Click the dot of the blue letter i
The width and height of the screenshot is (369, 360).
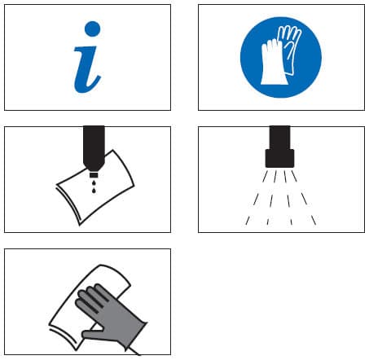[92, 29]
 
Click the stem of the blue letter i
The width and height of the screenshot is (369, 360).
[86, 70]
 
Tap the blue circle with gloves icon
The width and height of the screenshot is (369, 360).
[281, 57]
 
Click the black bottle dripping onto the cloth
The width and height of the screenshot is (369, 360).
[94, 149]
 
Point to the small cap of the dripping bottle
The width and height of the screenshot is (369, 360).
[94, 174]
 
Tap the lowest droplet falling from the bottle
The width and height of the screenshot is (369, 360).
[94, 191]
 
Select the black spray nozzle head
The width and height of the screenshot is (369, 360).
[279, 158]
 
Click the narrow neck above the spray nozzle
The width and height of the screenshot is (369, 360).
[279, 138]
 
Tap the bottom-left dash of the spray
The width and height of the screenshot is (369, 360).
[248, 220]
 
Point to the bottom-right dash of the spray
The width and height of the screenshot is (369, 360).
[314, 220]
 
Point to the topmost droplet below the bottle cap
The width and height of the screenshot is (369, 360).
[94, 181]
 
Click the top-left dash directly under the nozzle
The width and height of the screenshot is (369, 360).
[265, 176]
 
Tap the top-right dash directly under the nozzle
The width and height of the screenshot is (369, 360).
[294, 176]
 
